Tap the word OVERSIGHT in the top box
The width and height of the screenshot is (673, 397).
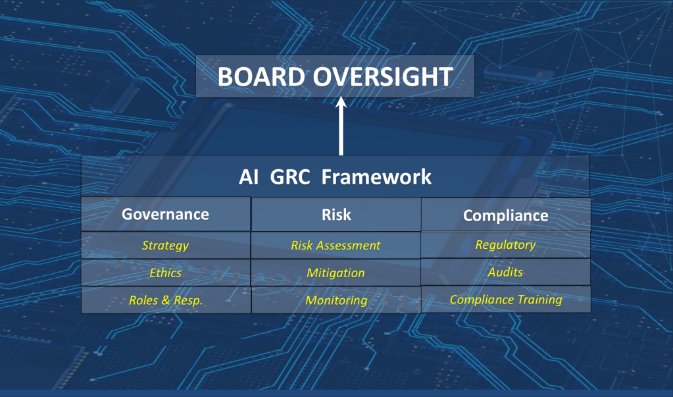(383, 77)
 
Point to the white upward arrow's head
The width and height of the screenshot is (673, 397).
(341, 103)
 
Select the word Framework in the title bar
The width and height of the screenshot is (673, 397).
(376, 177)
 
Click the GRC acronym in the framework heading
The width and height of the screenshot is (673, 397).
(289, 177)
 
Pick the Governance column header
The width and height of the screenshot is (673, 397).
(165, 214)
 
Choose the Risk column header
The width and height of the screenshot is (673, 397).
(336, 215)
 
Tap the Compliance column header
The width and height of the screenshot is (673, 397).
(506, 215)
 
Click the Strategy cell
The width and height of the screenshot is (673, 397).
(165, 246)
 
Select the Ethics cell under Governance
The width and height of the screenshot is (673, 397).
(165, 273)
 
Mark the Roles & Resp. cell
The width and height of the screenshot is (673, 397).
(166, 300)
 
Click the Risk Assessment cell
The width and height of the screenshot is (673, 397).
(336, 246)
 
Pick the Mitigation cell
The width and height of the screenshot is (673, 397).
(336, 273)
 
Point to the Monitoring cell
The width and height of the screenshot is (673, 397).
(336, 300)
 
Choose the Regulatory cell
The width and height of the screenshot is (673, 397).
(506, 245)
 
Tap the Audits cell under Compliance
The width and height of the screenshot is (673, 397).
(506, 272)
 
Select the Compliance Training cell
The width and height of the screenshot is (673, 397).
(506, 300)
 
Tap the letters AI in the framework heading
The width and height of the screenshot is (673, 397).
(249, 177)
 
